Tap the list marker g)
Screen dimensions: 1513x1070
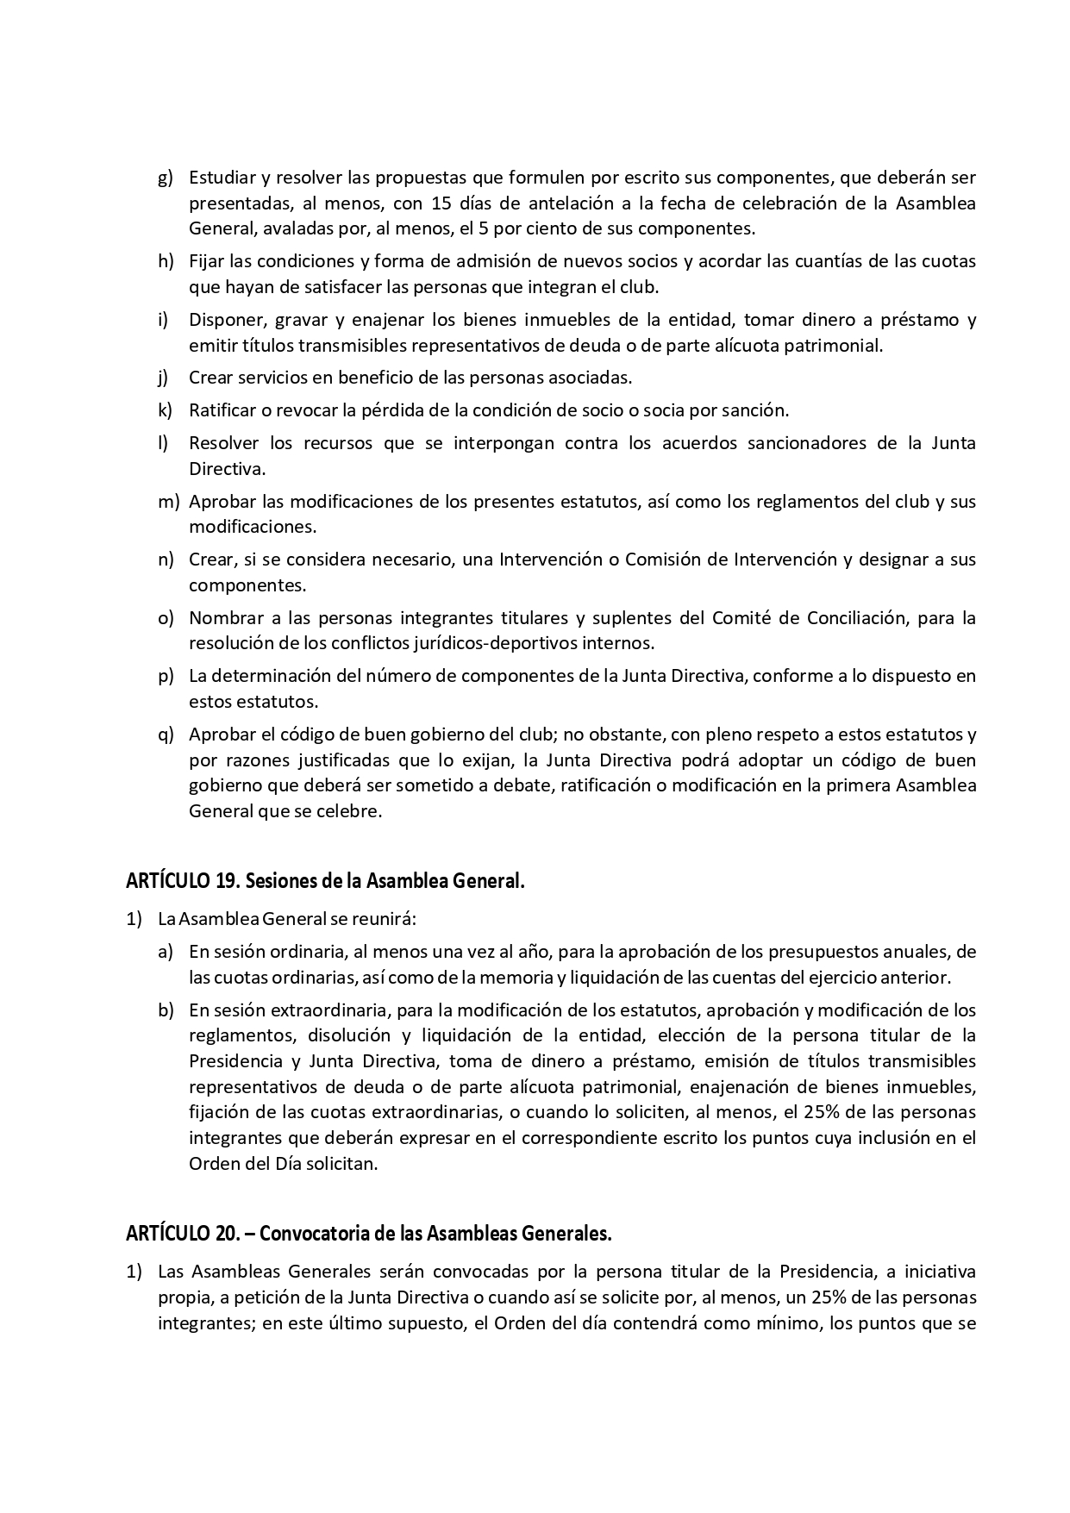point(166,178)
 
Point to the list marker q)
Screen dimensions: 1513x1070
point(166,735)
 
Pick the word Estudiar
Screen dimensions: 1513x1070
point(222,178)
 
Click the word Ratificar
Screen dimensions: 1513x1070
point(222,410)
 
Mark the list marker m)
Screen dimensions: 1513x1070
point(169,501)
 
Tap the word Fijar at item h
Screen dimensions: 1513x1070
point(206,260)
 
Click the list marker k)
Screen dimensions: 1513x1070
point(166,410)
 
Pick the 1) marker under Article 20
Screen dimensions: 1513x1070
point(135,1271)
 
